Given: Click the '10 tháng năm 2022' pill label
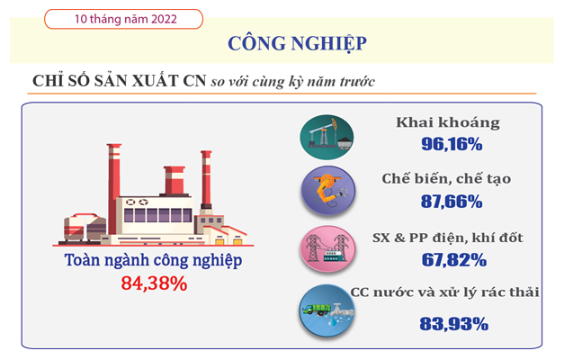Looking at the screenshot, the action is pos(123,19).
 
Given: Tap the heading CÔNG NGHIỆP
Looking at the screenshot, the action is pos(298,43).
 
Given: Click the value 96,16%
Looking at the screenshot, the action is pos(452,144).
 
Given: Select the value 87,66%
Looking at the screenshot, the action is pos(452,202).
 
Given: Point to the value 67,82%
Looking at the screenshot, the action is pos(454,260).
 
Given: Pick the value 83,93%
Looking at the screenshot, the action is pos(454,324).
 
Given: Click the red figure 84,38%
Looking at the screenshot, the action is pos(154,283).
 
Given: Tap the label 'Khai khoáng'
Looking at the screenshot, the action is pos(448,122).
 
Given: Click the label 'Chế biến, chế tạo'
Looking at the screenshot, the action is pos(446,179).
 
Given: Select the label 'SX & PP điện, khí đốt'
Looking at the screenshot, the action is pos(447,238).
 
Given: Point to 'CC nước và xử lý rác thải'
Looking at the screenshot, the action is pos(444,292).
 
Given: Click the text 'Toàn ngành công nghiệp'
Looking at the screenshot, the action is pos(153,260).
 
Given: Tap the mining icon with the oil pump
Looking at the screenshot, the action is pos(327,137).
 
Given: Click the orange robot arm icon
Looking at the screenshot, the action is pos(328,191).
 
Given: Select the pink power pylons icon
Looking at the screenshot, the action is pos(327,248).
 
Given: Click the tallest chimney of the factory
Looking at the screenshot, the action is pos(114,189).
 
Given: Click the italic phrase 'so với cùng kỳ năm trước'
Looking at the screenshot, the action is pos(292,82).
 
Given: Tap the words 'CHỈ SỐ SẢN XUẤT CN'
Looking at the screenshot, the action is pos(119,81).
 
